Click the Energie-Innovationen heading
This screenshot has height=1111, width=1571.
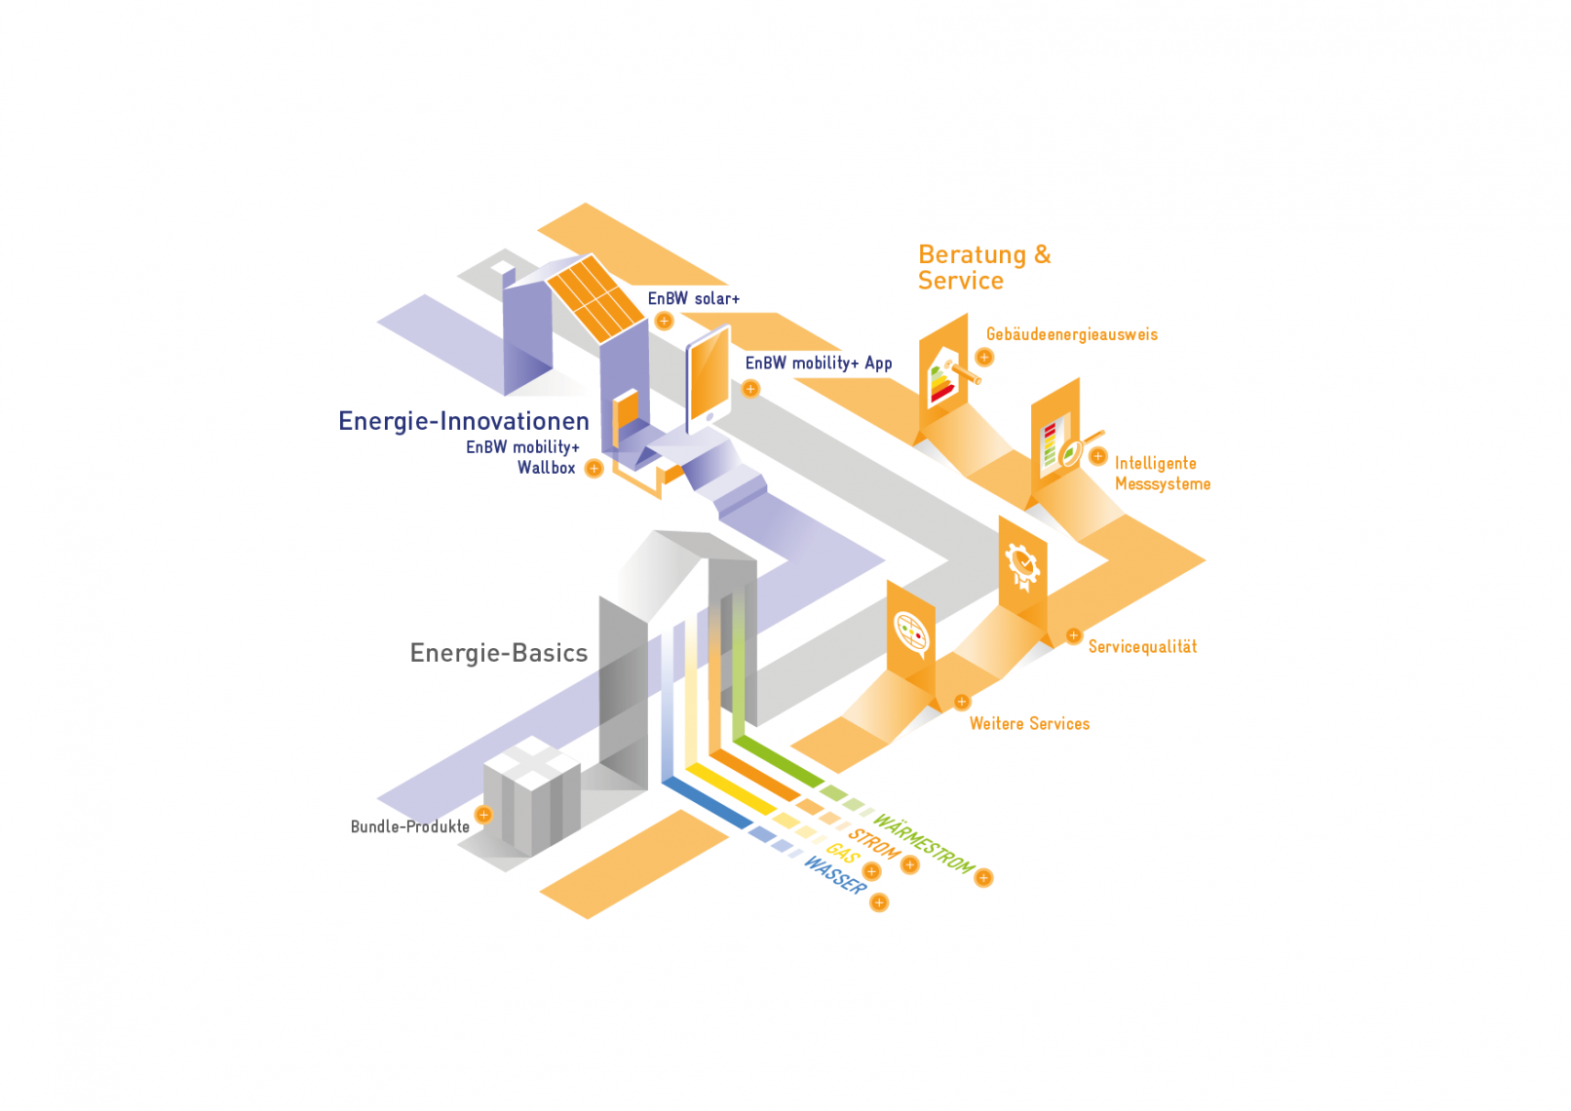[x=464, y=421]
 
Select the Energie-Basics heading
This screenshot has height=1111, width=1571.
[x=499, y=653]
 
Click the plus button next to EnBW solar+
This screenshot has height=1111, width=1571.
[x=664, y=321]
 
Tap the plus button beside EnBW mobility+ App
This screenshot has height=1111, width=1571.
[x=750, y=389]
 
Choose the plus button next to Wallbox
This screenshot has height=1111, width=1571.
[x=594, y=468]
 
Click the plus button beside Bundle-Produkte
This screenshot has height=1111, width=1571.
[x=483, y=815]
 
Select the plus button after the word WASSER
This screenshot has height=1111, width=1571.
[x=879, y=902]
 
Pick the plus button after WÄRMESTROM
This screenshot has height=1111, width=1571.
[x=983, y=878]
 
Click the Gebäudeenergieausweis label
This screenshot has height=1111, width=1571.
[x=1071, y=334]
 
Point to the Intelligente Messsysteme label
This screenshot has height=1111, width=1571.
[x=1162, y=474]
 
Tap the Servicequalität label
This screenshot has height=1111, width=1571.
[x=1142, y=647]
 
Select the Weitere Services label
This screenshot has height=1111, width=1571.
[x=1029, y=724]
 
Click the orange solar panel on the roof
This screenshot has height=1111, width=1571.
[x=594, y=296]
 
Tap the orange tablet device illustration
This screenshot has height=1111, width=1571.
[x=709, y=375]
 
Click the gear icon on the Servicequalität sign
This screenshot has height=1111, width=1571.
[x=1022, y=564]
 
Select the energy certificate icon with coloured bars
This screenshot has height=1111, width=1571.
[x=943, y=380]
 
